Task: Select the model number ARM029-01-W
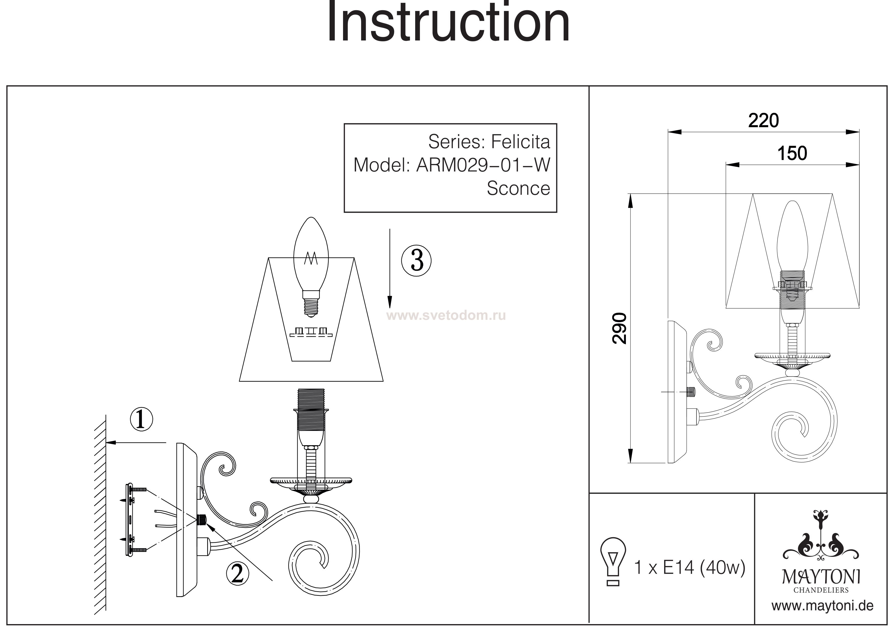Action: [x=483, y=165]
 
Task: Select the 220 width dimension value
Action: [x=763, y=121]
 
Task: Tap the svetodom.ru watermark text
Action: [x=447, y=315]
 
